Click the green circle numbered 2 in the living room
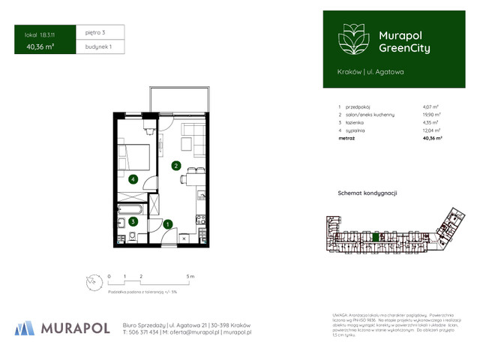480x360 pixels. [x=175, y=166]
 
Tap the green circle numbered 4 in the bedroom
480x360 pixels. [x=132, y=179]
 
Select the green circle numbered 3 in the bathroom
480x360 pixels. [x=132, y=221]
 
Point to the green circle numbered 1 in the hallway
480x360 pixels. [x=169, y=223]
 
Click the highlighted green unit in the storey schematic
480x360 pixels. [x=376, y=238]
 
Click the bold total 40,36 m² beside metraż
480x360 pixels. [x=432, y=139]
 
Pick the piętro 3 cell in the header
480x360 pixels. [x=99, y=33]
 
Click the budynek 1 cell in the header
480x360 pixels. [x=100, y=46]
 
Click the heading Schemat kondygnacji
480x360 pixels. [x=367, y=193]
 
